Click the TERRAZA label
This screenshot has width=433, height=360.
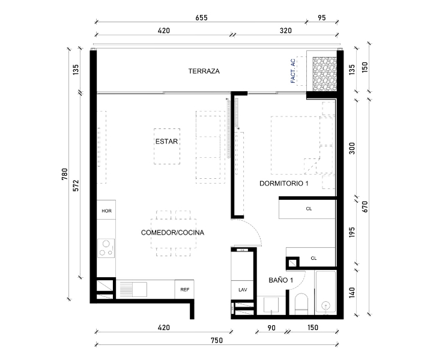click(204, 71)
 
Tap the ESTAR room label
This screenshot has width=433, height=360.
click(168, 142)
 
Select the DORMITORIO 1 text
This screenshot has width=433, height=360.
click(283, 184)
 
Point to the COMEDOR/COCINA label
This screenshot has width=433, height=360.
click(172, 232)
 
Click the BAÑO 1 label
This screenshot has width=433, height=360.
click(280, 280)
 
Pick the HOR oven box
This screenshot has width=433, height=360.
click(107, 211)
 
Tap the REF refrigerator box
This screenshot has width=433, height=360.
click(185, 289)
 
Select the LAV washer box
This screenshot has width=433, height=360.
click(243, 289)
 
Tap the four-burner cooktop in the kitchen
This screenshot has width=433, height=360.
click(107, 248)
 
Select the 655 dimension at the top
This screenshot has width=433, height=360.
click(201, 18)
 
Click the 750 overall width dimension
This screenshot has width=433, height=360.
click(217, 340)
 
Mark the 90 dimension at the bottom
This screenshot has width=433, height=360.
click(271, 328)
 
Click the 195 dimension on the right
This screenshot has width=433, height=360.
click(353, 232)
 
